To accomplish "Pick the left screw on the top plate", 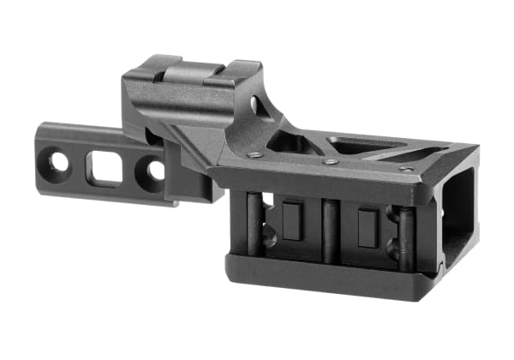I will [254, 155].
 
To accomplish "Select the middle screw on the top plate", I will [331, 160].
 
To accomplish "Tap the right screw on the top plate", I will [405, 168].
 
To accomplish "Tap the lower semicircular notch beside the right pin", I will [391, 250].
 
